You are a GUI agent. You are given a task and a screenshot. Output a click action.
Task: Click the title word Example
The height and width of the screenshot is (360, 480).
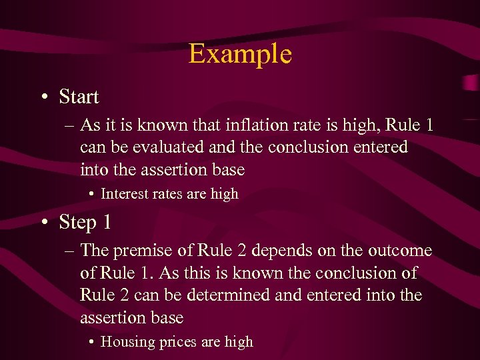[x=240, y=54]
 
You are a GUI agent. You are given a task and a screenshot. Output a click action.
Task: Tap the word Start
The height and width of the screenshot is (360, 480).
[x=79, y=97]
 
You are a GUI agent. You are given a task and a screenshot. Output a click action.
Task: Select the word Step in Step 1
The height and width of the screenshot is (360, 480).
[x=77, y=223]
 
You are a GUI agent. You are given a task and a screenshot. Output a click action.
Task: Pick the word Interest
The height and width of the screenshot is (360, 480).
[x=124, y=194]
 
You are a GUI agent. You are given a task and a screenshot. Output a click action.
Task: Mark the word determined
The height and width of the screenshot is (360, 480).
[x=232, y=295]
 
